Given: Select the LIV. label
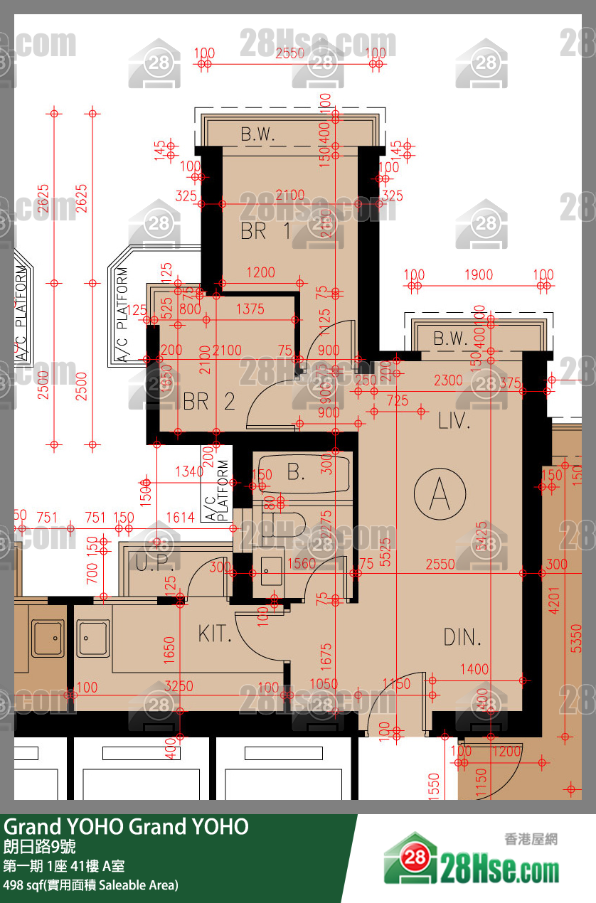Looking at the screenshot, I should pyautogui.click(x=454, y=421).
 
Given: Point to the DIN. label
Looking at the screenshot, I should pyautogui.click(x=462, y=637).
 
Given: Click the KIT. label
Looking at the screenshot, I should pyautogui.click(x=215, y=634).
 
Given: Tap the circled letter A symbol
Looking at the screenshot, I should pyautogui.click(x=440, y=493).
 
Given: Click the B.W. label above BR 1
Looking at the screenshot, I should pyautogui.click(x=257, y=134).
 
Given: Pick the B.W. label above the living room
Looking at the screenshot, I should pyautogui.click(x=449, y=338).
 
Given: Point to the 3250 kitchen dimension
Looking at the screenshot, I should pyautogui.click(x=179, y=687).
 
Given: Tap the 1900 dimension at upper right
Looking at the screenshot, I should pyautogui.click(x=479, y=275).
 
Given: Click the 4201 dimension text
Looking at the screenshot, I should pyautogui.click(x=555, y=598).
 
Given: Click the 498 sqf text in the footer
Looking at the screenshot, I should pyautogui.click(x=91, y=885).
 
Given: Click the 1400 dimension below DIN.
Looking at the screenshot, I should pyautogui.click(x=474, y=668).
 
